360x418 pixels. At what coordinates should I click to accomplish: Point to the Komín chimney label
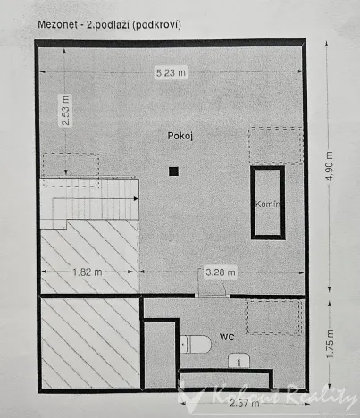pos(268,204)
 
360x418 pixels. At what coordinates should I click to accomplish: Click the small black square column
pos(173,171)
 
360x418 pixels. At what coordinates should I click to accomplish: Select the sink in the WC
pos(239,361)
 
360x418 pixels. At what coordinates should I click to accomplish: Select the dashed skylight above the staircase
pos(70,168)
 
